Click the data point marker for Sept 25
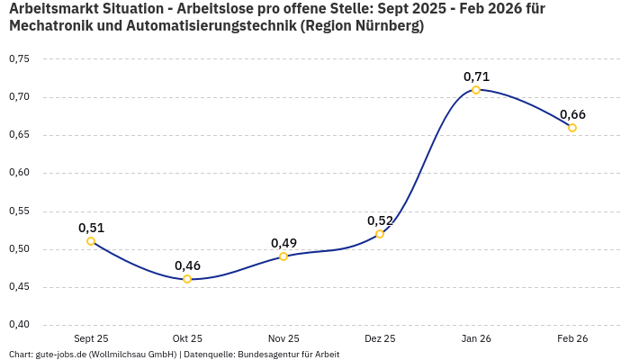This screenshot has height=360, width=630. [x=91, y=241]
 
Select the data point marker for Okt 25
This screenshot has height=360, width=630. [x=187, y=279]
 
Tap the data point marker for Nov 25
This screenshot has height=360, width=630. [x=283, y=256]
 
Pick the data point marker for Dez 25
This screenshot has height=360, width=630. [x=380, y=234]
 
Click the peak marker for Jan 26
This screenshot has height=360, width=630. [x=476, y=90]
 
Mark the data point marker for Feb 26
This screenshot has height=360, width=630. [x=572, y=128]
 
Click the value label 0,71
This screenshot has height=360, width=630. [x=476, y=76]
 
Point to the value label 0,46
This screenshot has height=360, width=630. [x=187, y=265]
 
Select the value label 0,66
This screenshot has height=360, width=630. [x=572, y=114]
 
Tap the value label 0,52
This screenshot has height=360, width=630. [x=380, y=220]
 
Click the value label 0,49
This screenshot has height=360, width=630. [x=283, y=243]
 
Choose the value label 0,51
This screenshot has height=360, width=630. [x=91, y=228]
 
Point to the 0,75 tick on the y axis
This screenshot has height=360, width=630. [x=19, y=59]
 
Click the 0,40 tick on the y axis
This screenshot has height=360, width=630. [x=19, y=325]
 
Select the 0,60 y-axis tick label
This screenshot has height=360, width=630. [x=19, y=173]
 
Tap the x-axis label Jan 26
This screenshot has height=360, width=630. [x=476, y=339]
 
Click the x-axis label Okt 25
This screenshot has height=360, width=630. [x=187, y=339]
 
